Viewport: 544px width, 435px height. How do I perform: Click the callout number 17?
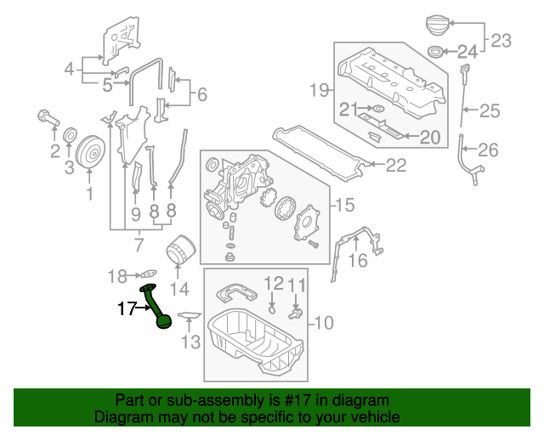126,309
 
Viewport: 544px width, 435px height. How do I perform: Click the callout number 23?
501,40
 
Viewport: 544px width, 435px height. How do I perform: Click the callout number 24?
468,51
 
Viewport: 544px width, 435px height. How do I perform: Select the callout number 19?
319,89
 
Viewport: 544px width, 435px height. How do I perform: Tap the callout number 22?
396,167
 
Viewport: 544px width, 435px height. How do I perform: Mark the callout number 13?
190,342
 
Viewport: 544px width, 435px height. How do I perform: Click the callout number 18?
117,275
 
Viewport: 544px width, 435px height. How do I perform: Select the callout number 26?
487,150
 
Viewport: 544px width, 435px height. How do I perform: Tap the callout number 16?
358,260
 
